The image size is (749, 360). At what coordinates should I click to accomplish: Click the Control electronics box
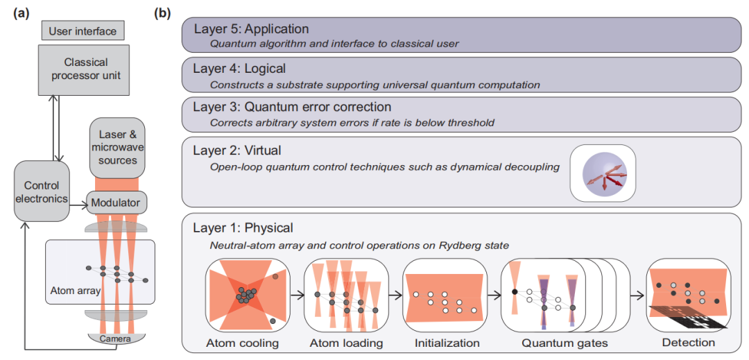point(42,191)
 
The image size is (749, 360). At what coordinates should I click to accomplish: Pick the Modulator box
point(116,203)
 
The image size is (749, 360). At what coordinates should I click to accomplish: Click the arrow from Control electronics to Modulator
point(78,205)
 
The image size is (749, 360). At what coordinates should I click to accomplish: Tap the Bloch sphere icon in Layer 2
point(603,172)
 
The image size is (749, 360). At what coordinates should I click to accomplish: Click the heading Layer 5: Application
point(251,29)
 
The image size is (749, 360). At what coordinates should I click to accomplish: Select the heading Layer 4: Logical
point(239,69)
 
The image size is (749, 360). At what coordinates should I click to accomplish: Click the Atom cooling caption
point(242,343)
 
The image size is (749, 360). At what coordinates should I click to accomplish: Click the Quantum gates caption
point(558,343)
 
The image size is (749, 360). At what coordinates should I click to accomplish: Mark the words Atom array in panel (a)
point(75,290)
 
